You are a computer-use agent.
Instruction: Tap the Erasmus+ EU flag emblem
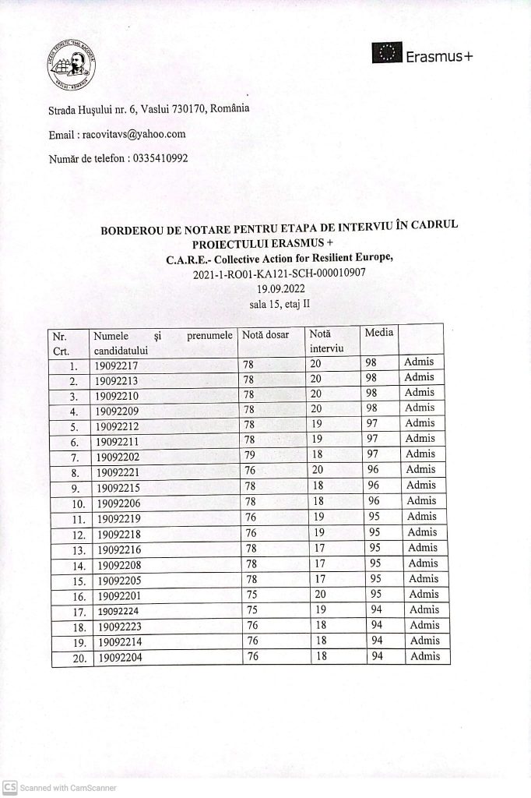[386, 55]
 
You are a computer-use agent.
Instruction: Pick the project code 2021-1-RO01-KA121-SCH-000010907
[278, 274]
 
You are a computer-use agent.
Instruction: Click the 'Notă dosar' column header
[265, 335]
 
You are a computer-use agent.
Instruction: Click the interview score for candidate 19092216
[315, 548]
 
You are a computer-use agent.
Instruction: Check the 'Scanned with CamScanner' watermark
[60, 788]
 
